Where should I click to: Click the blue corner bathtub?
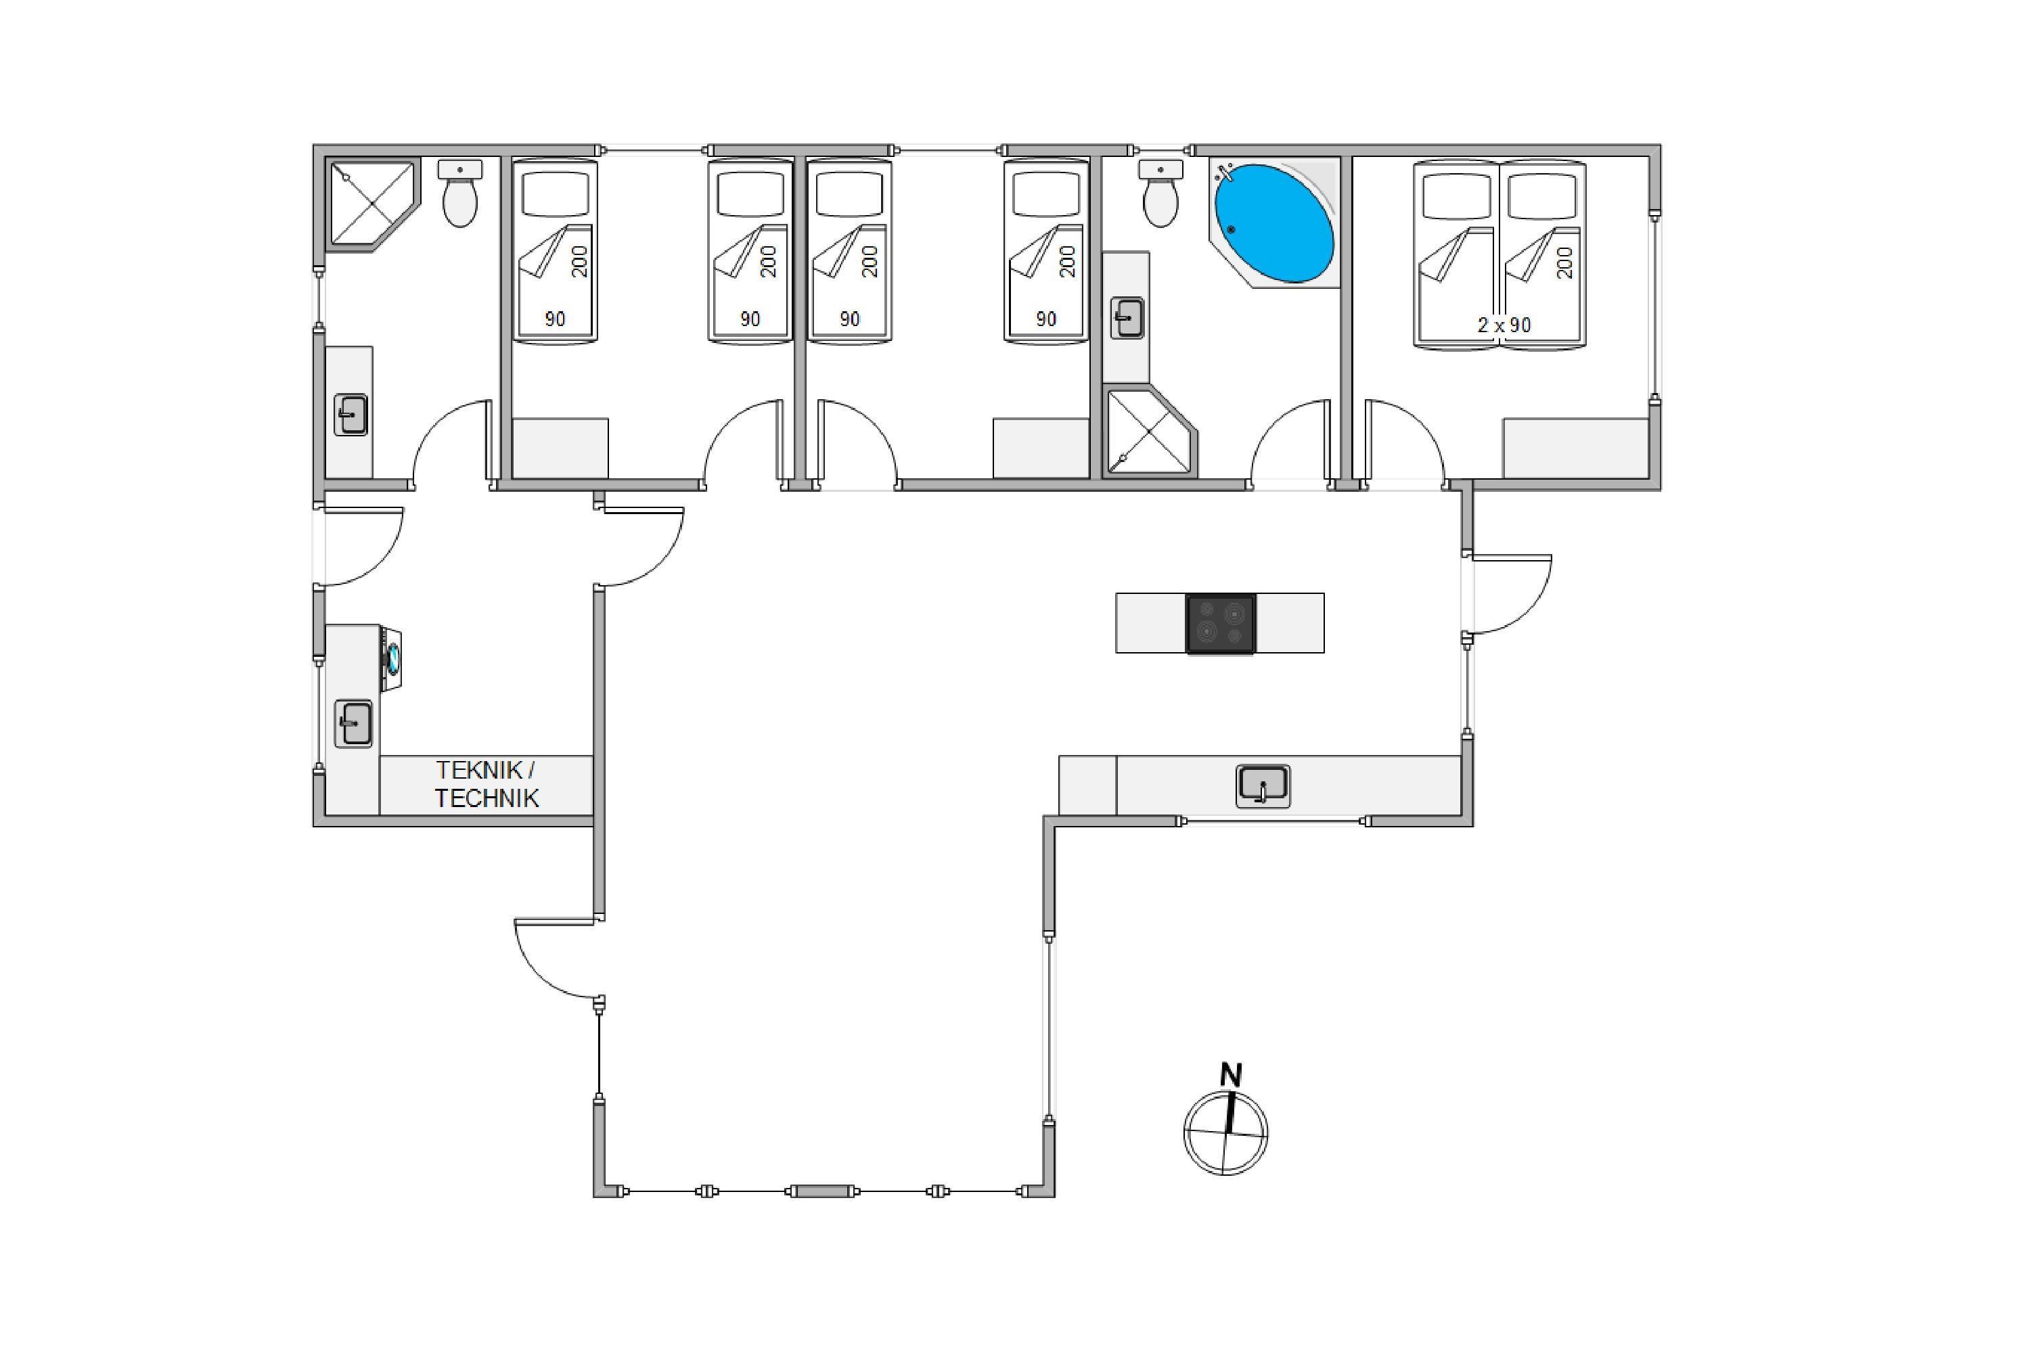pos(1274,223)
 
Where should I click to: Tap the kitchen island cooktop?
pos(1221,623)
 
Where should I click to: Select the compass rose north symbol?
pos(1225,1133)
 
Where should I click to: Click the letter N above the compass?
pos(1231,1075)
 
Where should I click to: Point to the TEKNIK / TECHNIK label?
pos(487,784)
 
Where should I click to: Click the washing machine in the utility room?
pos(392,658)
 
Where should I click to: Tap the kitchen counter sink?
pos(1263,785)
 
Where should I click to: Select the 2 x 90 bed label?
pos(1504,325)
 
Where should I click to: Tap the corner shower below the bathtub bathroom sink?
pos(1150,432)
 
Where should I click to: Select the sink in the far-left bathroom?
pos(351,414)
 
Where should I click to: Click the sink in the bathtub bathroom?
pos(1127,317)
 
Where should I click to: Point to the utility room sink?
pos(353,723)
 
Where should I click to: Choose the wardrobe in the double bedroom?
pos(1576,448)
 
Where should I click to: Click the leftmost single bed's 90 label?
pos(555,319)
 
